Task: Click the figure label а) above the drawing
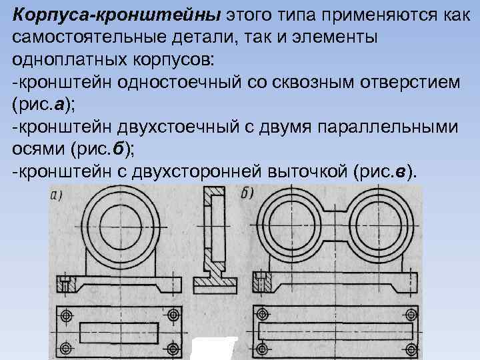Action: tap(57, 195)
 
